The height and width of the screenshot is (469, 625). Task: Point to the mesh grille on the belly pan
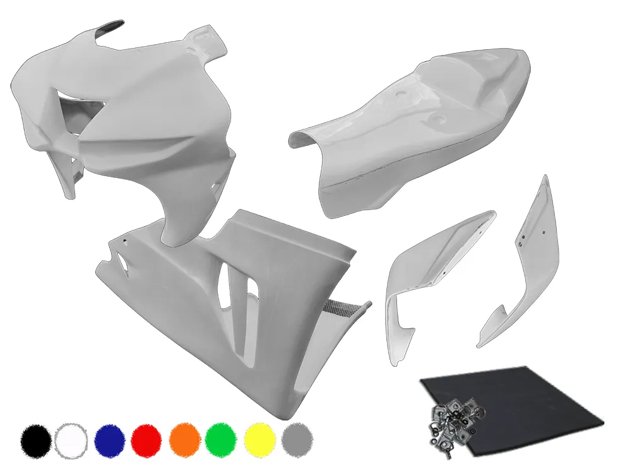point(335,309)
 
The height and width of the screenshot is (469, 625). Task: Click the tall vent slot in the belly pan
point(224,284)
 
